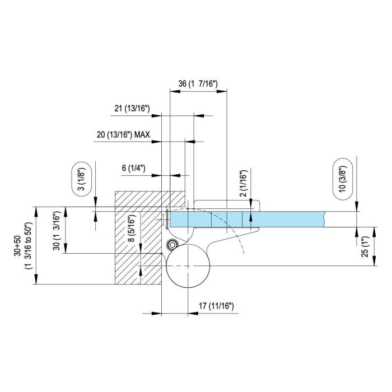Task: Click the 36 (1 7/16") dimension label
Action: point(198,84)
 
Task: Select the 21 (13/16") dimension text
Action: point(132,109)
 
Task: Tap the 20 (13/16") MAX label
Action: point(123,135)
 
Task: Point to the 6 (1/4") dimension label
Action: point(133,168)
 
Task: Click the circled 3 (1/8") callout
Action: point(82,179)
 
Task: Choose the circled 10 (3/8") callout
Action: point(343,179)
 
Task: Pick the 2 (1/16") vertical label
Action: point(243,183)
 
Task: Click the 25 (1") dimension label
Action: point(365,246)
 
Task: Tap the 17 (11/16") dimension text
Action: point(216,306)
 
